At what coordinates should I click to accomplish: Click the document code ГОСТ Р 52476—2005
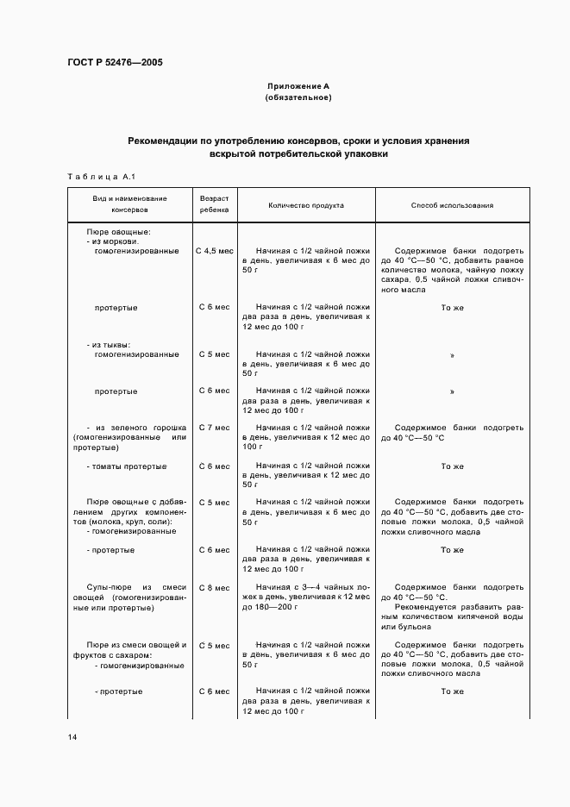pos(115,63)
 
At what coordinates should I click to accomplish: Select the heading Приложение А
pos(298,86)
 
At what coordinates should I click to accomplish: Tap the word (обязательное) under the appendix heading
pos(298,97)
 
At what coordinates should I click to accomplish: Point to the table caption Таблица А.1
pos(98,177)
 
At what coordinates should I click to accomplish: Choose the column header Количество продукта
pos(306,206)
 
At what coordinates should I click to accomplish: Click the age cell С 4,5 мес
pos(215,251)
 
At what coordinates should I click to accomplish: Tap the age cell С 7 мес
pos(215,428)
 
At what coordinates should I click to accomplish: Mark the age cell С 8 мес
pos(215,588)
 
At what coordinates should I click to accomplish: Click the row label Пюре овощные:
pos(119,232)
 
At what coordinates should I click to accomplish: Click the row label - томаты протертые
pos(127,466)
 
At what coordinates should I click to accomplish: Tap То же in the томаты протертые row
pos(452,466)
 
